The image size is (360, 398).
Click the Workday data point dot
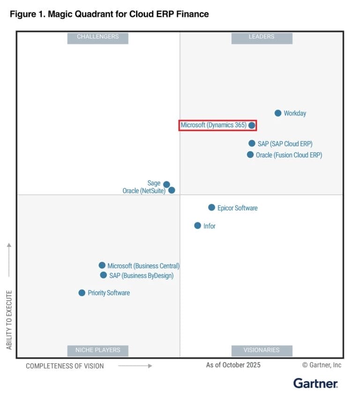278,113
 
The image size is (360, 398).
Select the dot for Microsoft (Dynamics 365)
252,125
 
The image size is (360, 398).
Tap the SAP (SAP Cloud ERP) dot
252,143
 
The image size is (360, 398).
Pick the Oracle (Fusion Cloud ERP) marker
250,155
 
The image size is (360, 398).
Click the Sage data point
166,184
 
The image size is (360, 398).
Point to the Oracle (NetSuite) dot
172,190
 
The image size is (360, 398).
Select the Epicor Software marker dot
211,207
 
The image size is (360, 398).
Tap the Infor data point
198,225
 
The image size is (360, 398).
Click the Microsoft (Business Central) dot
102,265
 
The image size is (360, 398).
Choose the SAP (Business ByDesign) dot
103,275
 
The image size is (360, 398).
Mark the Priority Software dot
82,293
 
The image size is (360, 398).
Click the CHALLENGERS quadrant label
97,37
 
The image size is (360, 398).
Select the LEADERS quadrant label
262,37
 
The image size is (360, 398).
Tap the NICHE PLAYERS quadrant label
97,350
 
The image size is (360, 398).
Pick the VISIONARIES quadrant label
262,350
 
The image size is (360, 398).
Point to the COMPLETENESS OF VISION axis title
65,366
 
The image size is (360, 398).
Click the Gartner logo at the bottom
315,383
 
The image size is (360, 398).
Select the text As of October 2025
233,365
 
